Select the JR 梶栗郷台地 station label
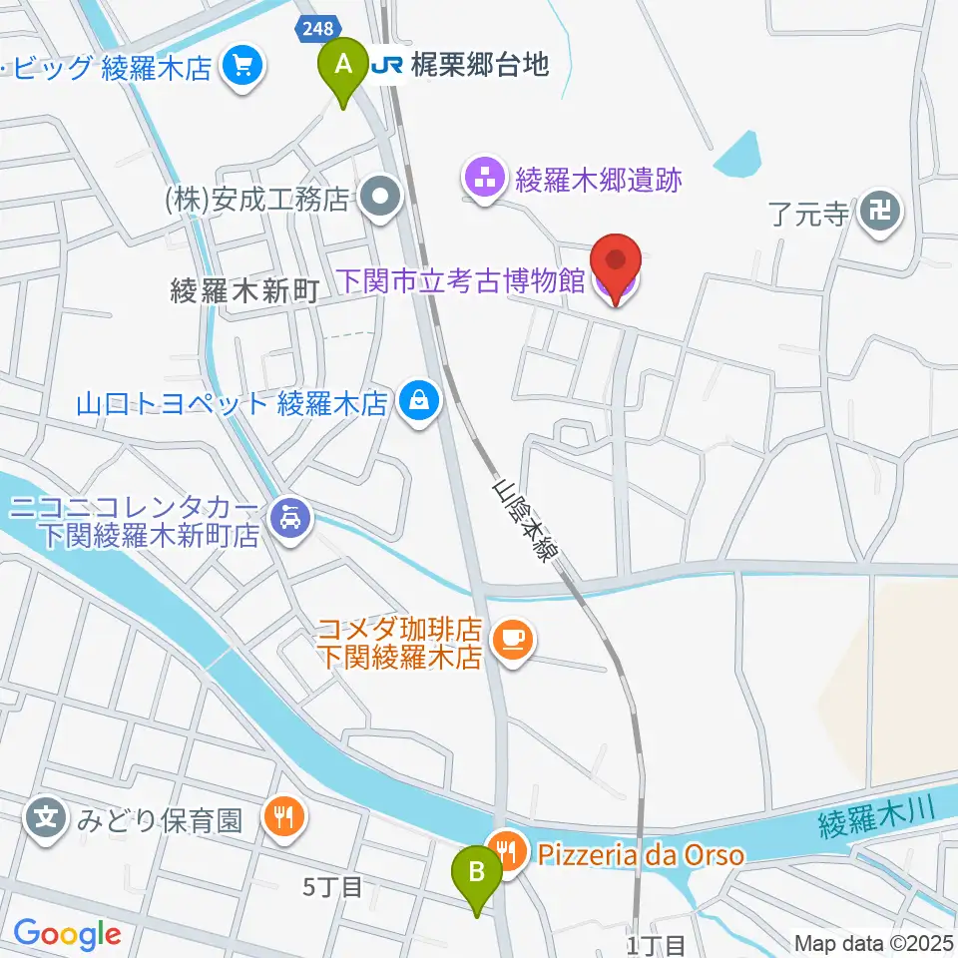tap(460, 66)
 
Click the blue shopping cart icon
tap(241, 67)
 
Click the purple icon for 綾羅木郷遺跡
tap(486, 181)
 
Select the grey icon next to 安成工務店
tap(380, 200)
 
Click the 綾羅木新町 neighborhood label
tap(244, 291)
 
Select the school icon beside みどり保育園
tap(47, 820)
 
